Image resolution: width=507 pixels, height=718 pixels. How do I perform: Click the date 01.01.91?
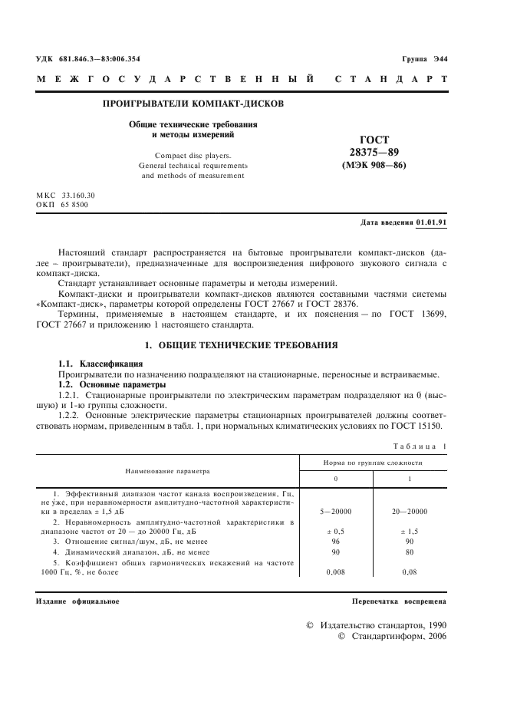(x=432, y=223)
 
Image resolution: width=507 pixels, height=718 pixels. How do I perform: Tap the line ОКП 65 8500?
(x=62, y=205)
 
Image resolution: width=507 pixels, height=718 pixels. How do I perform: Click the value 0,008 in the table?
(x=334, y=571)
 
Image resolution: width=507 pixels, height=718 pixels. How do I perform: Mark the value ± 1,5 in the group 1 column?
(x=409, y=530)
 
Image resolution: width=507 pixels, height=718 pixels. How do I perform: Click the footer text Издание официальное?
(x=77, y=601)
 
